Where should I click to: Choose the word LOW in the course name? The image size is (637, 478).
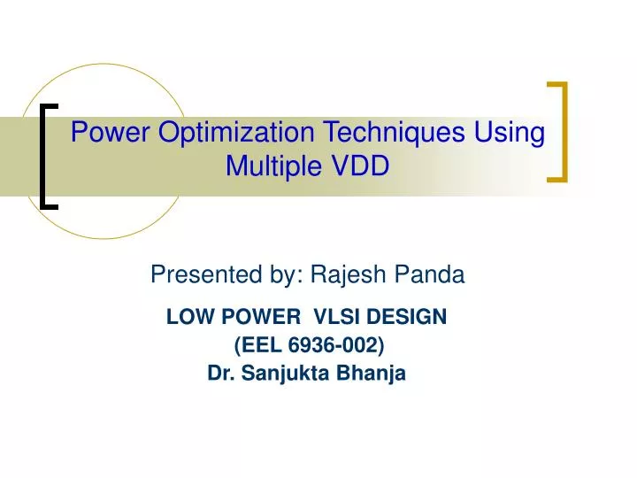[x=186, y=316]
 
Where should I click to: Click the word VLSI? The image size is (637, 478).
[x=334, y=316]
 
